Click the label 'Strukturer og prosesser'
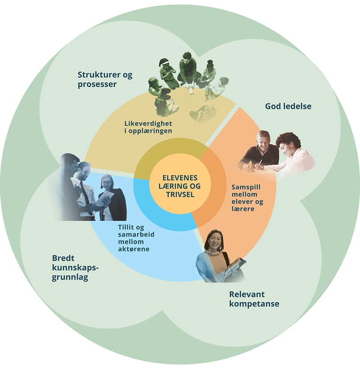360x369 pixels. (x=105, y=79)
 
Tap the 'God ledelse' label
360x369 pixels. (x=288, y=107)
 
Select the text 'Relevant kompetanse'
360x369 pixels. (x=254, y=299)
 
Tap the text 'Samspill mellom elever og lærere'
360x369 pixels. (x=247, y=198)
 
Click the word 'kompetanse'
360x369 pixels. (x=254, y=304)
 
